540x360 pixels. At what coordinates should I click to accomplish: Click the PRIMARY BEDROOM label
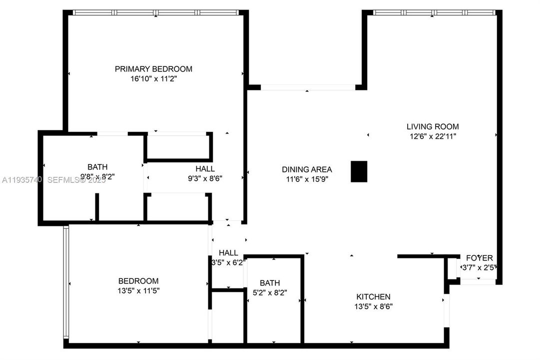click(153, 69)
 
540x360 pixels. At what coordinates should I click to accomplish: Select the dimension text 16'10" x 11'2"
click(153, 78)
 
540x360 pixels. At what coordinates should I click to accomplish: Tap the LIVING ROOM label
click(432, 126)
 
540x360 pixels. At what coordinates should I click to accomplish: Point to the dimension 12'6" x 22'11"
click(432, 135)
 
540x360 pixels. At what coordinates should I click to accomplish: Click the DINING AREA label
click(307, 169)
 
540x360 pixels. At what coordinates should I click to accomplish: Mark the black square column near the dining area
click(359, 171)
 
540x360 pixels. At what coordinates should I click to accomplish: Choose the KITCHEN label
click(373, 296)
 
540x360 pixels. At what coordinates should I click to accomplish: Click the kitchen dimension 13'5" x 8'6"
click(373, 306)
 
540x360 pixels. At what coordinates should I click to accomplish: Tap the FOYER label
click(479, 258)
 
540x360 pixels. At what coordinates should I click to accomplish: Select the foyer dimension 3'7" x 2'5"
click(479, 267)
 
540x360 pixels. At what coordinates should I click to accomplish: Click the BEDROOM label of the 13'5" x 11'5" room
click(138, 281)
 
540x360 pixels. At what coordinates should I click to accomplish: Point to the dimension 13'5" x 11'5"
click(138, 290)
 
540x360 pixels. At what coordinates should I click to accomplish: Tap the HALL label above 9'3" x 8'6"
click(205, 169)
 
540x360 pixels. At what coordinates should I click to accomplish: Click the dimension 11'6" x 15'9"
click(307, 178)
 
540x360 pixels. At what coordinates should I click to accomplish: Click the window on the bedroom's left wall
click(65, 282)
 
